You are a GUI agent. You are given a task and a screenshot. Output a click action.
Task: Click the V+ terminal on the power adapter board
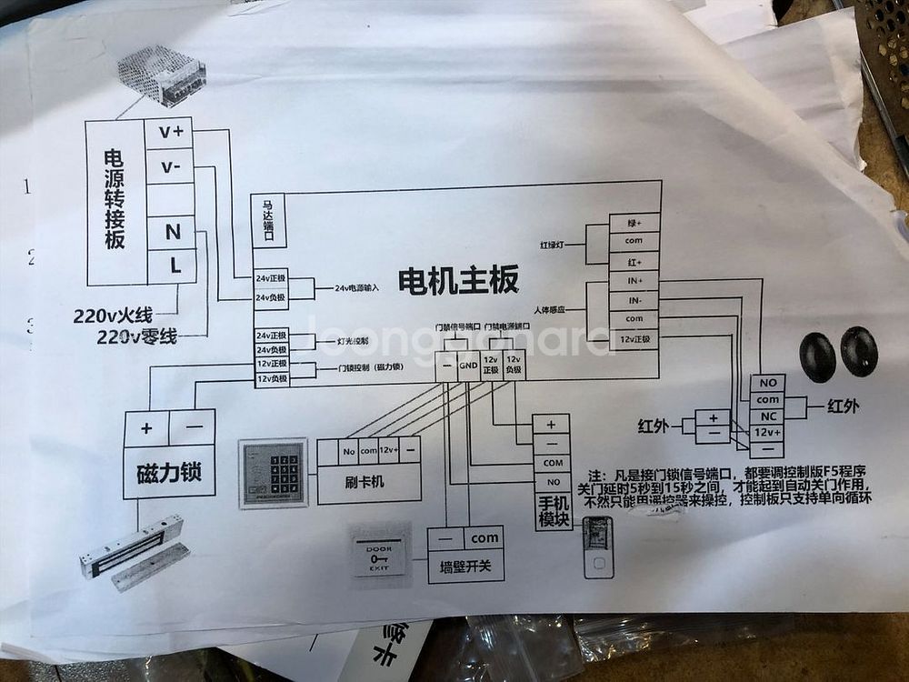[x=170, y=132]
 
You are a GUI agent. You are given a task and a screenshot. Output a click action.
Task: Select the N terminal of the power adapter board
[x=172, y=233]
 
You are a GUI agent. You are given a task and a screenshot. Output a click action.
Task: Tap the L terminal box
[x=173, y=266]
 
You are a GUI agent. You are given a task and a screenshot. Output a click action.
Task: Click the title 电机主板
[x=459, y=279]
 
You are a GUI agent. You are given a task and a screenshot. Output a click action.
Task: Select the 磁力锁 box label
[x=169, y=472]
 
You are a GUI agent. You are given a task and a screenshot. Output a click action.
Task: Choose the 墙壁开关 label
[x=464, y=567]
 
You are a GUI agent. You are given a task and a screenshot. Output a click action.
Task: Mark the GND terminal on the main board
[x=468, y=366]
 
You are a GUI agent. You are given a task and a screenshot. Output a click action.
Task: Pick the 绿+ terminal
[x=634, y=224]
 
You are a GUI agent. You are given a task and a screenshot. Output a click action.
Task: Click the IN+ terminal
[x=634, y=281]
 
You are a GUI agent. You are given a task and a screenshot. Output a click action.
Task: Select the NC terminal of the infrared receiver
[x=768, y=416]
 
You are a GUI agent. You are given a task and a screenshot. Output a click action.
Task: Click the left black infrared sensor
[x=817, y=356]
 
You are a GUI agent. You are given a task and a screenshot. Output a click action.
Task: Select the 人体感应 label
[x=550, y=310]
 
